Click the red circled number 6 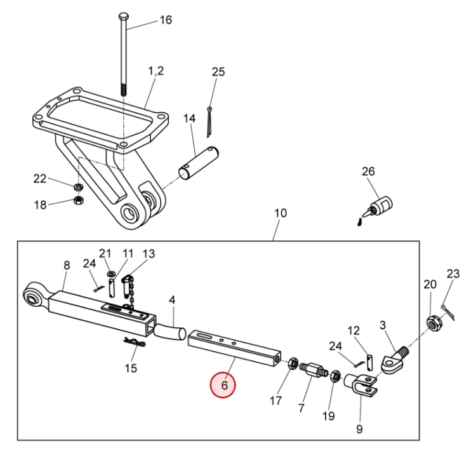coord(224,385)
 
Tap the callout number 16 coord(165,20)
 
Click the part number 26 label coord(368,171)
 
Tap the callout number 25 coord(218,72)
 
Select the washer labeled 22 coord(77,188)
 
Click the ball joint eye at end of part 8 coord(33,295)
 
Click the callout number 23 coord(453,274)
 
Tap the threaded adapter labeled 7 coord(312,369)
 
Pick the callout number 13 coord(149,254)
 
